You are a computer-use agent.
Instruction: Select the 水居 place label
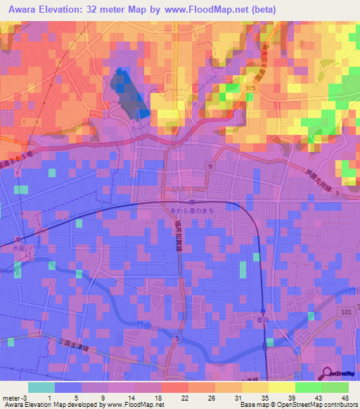pos(18,247)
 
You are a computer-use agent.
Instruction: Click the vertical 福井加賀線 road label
pos(178,237)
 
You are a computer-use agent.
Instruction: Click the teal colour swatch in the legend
pos(41,387)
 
